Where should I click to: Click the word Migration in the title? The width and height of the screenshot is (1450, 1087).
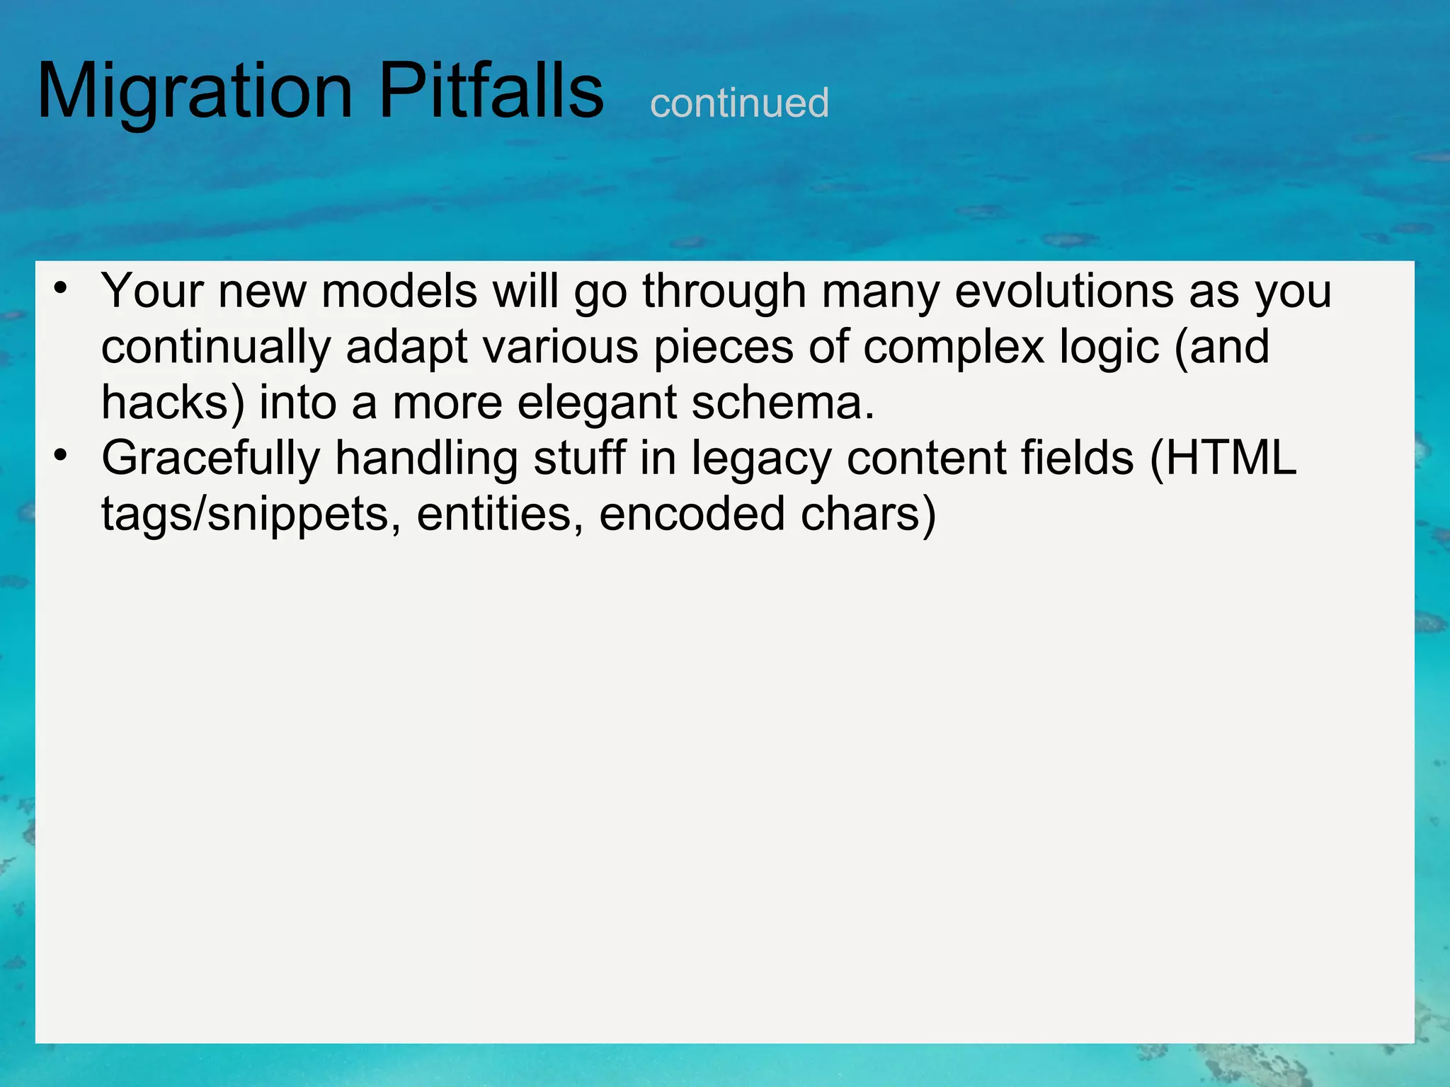point(195,92)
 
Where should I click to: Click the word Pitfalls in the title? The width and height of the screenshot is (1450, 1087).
point(491,92)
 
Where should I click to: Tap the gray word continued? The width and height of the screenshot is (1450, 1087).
point(739,103)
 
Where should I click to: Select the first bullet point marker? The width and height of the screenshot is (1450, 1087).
point(61,288)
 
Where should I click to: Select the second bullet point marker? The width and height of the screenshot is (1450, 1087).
point(61,455)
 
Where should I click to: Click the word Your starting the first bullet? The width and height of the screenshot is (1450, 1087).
point(152,291)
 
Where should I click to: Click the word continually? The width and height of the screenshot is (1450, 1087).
point(215,347)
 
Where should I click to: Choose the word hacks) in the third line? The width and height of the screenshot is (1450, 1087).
point(173,403)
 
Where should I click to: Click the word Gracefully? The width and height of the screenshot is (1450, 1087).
point(211,459)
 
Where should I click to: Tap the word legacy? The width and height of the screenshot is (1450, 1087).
point(761,459)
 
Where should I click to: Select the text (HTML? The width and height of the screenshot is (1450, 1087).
point(1223,459)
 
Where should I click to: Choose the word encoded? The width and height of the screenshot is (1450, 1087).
point(692,514)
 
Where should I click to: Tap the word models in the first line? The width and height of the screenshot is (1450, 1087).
point(399,291)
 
